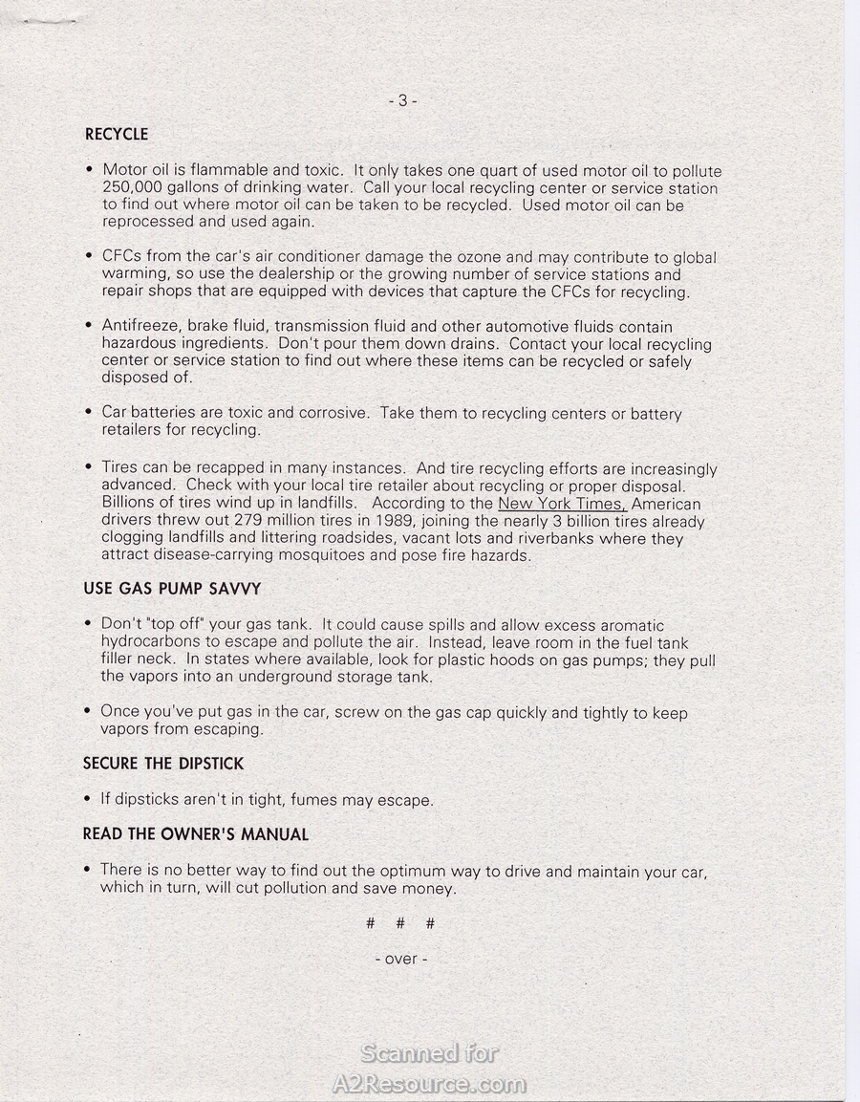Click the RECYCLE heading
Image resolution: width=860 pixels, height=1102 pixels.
tap(116, 135)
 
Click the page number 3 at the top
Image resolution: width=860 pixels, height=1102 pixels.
tap(402, 100)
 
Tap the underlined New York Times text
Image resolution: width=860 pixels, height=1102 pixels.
tap(561, 504)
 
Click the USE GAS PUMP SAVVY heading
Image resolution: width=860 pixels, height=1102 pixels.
tap(172, 590)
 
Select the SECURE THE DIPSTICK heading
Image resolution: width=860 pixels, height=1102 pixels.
tap(162, 764)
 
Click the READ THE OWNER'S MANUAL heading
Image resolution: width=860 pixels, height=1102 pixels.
tap(195, 834)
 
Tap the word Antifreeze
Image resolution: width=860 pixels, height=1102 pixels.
tap(140, 327)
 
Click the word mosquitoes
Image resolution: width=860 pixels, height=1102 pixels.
tap(318, 555)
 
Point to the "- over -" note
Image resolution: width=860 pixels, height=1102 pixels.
tap(401, 959)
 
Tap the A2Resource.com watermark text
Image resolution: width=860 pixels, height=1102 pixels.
tap(429, 1085)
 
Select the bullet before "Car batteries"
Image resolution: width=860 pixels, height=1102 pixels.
tap(88, 413)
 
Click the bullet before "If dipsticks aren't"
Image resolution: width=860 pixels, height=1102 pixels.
tap(88, 799)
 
